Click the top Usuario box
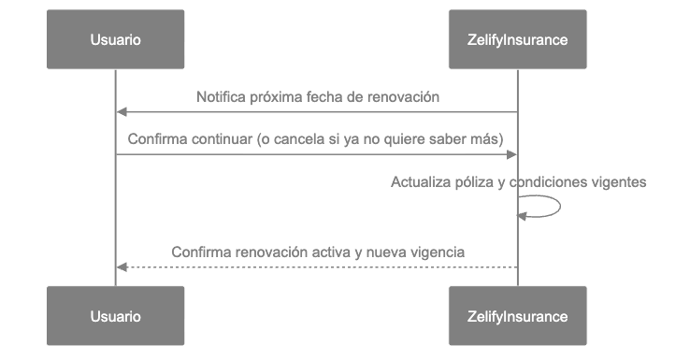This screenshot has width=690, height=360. [116, 40]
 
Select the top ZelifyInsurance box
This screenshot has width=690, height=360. [517, 40]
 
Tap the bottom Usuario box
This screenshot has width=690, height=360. [116, 316]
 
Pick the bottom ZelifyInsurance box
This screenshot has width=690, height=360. [517, 316]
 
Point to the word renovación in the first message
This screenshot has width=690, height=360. [407, 97]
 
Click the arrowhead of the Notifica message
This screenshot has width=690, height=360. [121, 112]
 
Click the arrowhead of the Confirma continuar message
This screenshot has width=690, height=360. [512, 154]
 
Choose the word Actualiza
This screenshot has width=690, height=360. [420, 182]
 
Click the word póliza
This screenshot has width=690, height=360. [474, 182]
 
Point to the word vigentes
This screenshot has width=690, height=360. [618, 182]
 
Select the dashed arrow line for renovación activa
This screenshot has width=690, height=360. [318, 267]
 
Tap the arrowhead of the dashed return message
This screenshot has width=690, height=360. [121, 267]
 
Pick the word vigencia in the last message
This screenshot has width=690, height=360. [438, 252]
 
